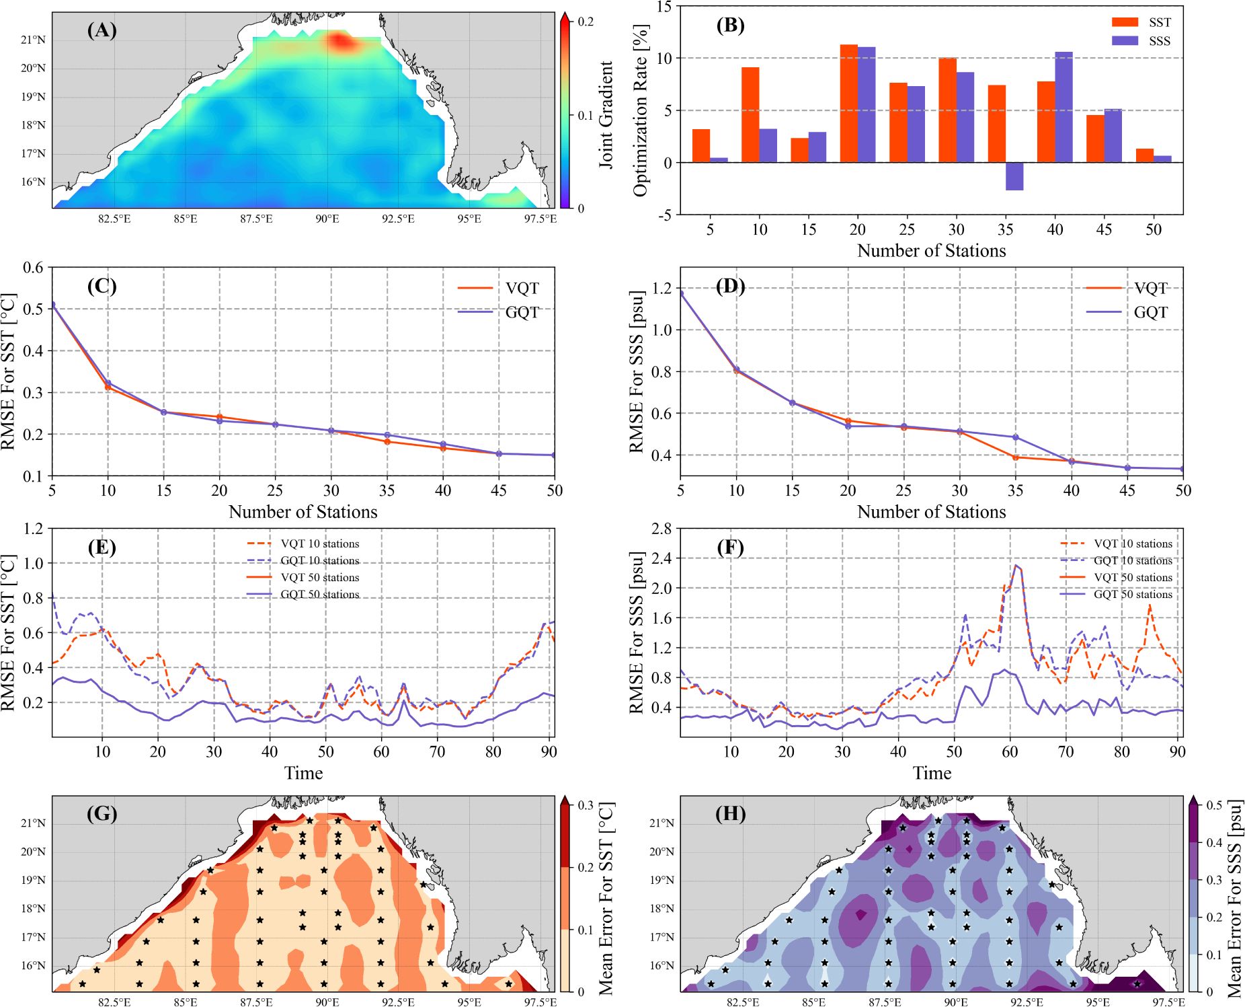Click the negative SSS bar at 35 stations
pyautogui.click(x=1014, y=176)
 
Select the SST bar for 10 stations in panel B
pyautogui.click(x=750, y=114)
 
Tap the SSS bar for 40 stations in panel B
pyautogui.click(x=1063, y=106)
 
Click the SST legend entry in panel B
pyautogui.click(x=1141, y=22)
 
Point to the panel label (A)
pyautogui.click(x=102, y=30)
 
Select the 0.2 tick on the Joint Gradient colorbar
pyautogui.click(x=586, y=22)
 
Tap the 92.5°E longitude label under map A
pyautogui.click(x=398, y=219)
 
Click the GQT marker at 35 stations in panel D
pyautogui.click(x=1015, y=437)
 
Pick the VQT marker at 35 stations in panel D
pyautogui.click(x=1015, y=457)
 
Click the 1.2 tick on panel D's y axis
pyautogui.click(x=662, y=288)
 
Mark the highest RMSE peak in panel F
pyautogui.click(x=1016, y=566)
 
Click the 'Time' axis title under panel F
pyautogui.click(x=931, y=773)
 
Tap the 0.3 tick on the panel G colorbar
pyautogui.click(x=586, y=805)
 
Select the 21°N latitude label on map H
pyautogui.click(x=661, y=823)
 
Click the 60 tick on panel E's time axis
pyautogui.click(x=381, y=751)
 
